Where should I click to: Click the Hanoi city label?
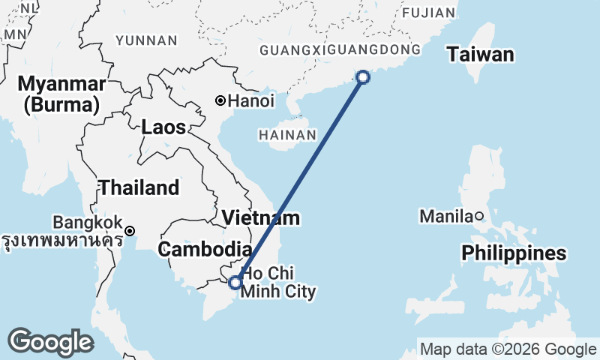(x=251, y=100)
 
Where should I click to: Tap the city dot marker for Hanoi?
(x=220, y=100)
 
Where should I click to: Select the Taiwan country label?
(x=481, y=54)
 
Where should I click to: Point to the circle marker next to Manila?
(x=479, y=217)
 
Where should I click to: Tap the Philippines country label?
(x=514, y=253)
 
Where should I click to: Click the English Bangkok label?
(x=87, y=223)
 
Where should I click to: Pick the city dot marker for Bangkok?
(x=130, y=231)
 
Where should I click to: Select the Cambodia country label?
(x=204, y=250)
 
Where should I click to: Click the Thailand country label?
(x=139, y=187)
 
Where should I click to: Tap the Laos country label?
(x=163, y=127)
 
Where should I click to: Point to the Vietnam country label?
(x=261, y=218)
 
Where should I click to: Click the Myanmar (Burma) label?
(x=61, y=93)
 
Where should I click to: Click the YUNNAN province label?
(x=147, y=40)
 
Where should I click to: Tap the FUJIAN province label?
(x=428, y=13)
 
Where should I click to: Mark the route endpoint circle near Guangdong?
(x=363, y=76)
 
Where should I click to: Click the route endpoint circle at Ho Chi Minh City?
(x=235, y=282)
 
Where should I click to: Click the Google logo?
(x=50, y=342)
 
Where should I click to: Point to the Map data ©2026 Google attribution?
(x=508, y=349)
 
